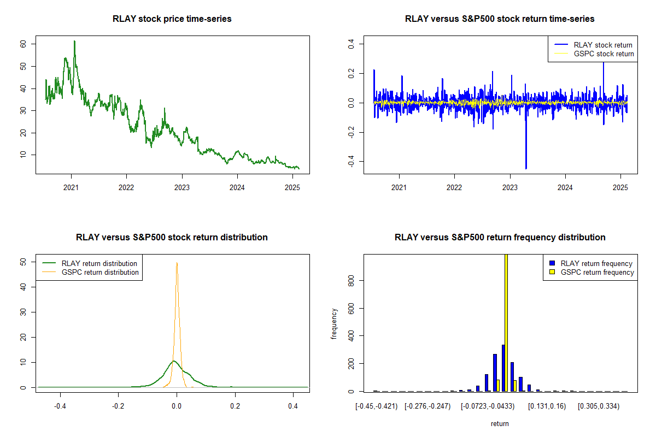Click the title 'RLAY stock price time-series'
coord(172,19)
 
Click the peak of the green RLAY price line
coord(74,41)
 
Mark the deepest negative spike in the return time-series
coord(526,168)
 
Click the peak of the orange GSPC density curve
coord(177,263)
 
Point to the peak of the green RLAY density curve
coord(174,361)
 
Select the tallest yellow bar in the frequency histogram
coord(506,322)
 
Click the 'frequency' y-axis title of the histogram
coord(334,323)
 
